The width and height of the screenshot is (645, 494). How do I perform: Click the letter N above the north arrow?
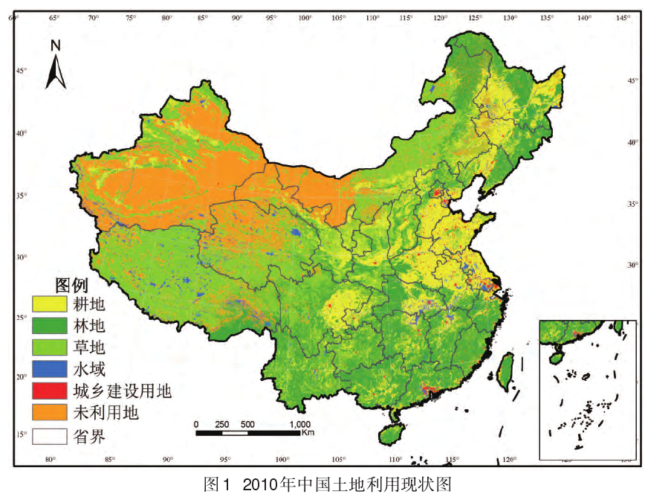pos(55,45)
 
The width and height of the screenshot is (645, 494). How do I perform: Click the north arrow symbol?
pos(56,72)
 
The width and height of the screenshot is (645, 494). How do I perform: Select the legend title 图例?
pos(72,284)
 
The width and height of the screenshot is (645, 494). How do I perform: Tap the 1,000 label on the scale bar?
pos(300,424)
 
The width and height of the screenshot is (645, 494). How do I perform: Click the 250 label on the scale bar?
pos(221,424)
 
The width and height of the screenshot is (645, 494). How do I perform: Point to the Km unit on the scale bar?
pos(308,433)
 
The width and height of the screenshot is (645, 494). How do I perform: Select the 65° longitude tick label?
pos(54,17)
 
